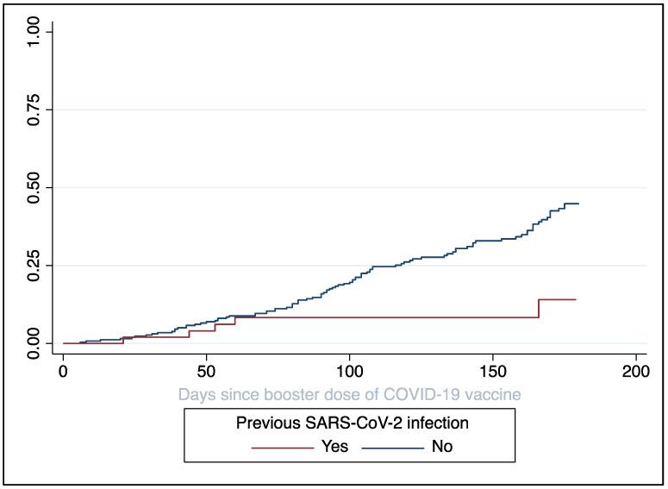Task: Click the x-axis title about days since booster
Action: tap(349, 394)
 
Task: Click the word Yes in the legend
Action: tap(334, 447)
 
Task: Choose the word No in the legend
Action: tap(441, 447)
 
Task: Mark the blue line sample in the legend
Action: tap(392, 447)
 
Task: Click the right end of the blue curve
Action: tap(577, 204)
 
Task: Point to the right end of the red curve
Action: tap(575, 299)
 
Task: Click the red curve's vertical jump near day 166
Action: tap(539, 309)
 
